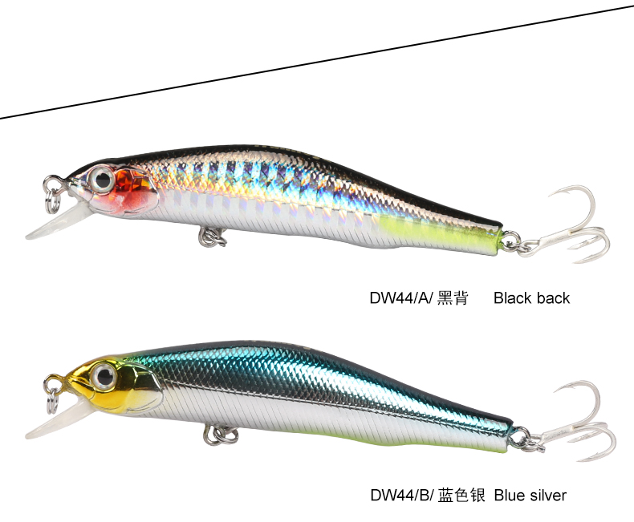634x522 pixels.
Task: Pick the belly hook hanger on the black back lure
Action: coord(212,235)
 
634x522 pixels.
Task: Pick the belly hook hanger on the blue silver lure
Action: coord(219,434)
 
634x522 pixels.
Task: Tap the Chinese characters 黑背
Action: coord(452,298)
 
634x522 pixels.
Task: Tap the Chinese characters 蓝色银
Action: coord(461,496)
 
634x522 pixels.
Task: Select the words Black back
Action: coord(531,298)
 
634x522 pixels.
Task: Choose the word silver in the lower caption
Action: coord(548,496)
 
